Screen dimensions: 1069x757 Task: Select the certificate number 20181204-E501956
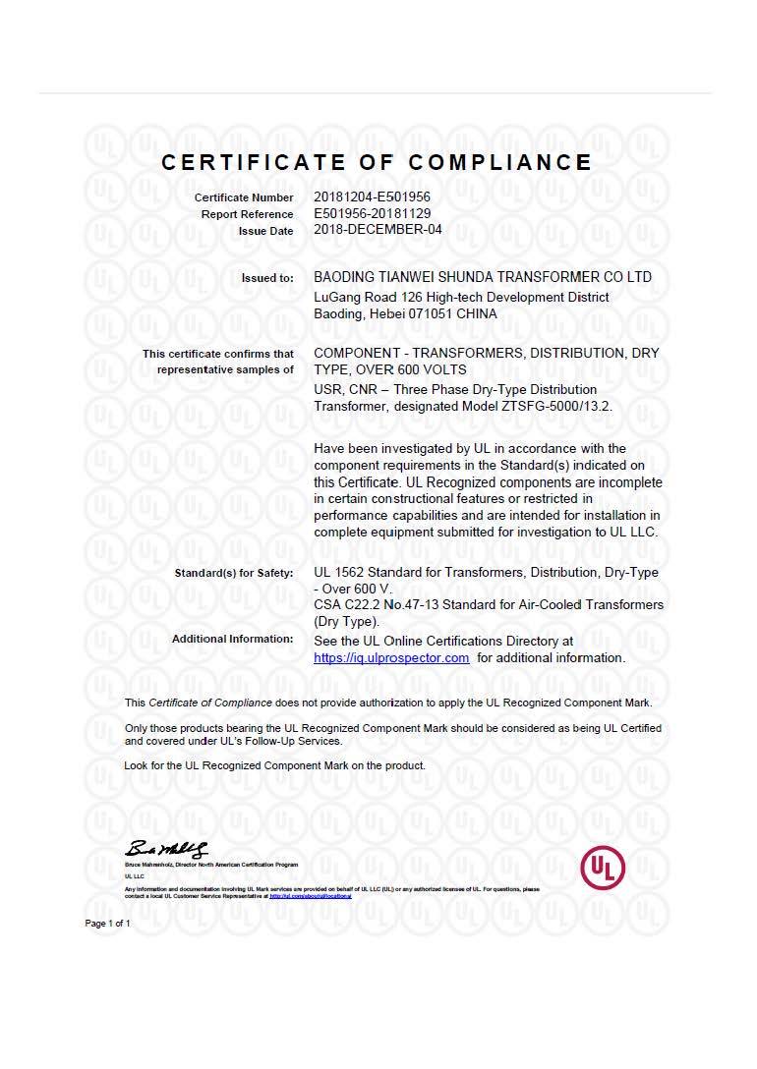coord(372,197)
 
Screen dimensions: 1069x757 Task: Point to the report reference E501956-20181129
coord(372,213)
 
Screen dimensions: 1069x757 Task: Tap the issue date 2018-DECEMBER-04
coord(378,230)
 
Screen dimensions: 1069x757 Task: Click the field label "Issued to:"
coord(267,278)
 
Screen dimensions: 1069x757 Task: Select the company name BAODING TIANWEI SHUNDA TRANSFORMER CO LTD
coord(482,278)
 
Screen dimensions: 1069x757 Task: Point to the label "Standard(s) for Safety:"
coord(234,573)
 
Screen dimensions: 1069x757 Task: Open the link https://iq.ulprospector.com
coord(391,658)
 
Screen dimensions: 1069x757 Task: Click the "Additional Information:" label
coord(232,640)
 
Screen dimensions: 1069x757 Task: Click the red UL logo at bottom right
coord(603,868)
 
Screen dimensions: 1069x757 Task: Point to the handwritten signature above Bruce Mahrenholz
coord(166,849)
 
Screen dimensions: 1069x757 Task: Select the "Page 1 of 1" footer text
coord(107,924)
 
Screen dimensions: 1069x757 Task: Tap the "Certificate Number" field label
coord(244,198)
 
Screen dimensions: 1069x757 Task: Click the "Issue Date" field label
coord(265,231)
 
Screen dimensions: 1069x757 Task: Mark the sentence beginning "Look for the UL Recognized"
coord(275,765)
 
